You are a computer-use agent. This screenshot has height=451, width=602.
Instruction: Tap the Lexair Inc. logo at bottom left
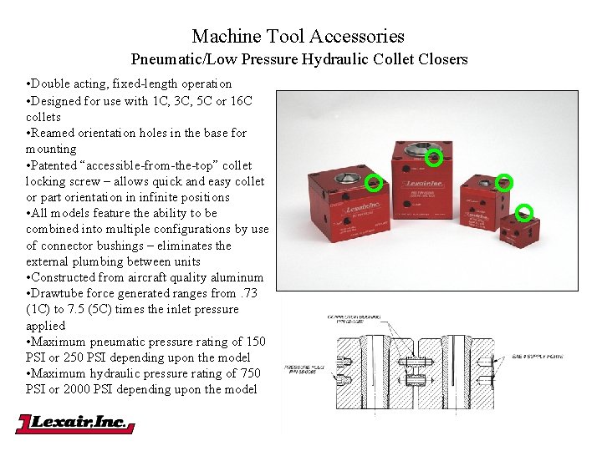coord(74,423)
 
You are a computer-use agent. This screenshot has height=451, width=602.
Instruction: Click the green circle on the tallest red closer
coord(433,157)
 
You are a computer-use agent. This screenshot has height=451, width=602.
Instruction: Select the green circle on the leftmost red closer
coord(374,181)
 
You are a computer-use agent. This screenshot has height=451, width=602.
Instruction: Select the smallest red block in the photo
coord(519,227)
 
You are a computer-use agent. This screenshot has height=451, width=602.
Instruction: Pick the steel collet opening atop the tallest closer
coord(419,150)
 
